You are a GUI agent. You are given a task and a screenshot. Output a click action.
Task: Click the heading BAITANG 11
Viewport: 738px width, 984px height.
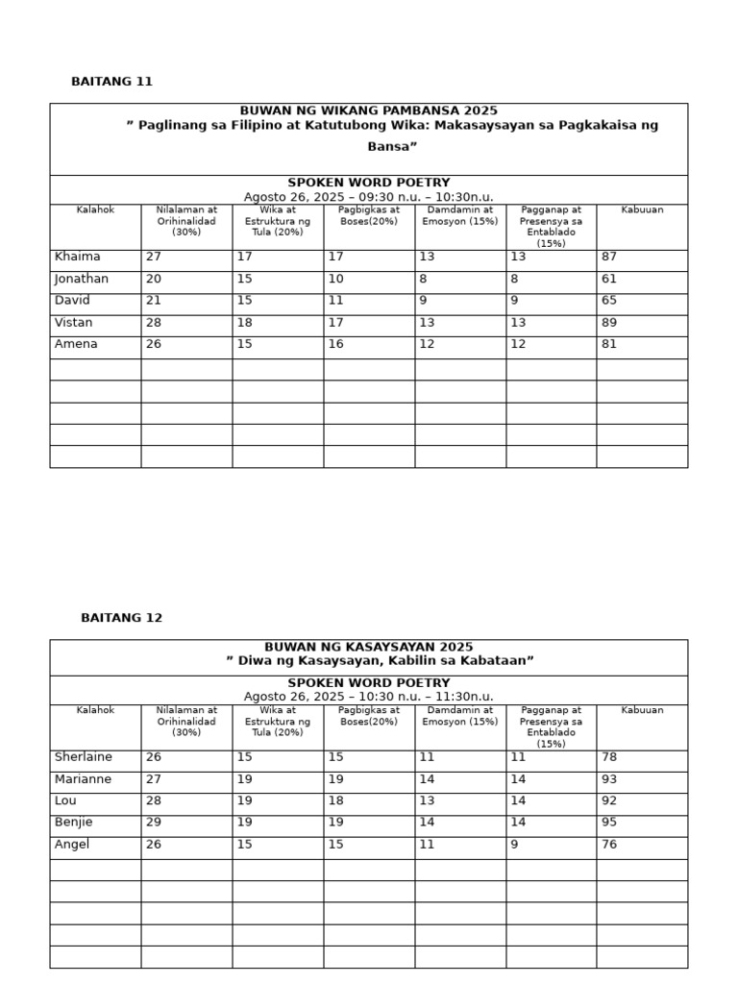(x=111, y=82)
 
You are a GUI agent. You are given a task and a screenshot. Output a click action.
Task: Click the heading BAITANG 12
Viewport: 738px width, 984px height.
(x=121, y=618)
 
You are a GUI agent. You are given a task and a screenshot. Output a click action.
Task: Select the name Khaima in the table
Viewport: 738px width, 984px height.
(x=78, y=258)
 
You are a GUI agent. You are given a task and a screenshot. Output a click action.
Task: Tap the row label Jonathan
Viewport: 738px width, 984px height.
(x=82, y=280)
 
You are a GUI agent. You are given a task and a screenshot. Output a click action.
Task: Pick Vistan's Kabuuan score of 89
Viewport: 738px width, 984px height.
(x=610, y=323)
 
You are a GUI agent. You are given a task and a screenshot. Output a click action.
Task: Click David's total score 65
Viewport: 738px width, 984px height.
(x=610, y=301)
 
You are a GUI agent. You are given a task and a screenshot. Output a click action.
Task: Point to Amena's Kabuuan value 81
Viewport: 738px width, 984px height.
(x=610, y=344)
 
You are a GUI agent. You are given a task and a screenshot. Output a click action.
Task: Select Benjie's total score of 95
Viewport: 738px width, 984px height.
(x=610, y=823)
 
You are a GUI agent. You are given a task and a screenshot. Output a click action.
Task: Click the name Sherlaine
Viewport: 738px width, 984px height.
(x=84, y=757)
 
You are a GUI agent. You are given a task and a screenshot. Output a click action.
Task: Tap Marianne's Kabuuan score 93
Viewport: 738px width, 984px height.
(x=610, y=779)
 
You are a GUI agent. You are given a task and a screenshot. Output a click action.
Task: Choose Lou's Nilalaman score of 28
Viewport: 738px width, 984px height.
(x=154, y=800)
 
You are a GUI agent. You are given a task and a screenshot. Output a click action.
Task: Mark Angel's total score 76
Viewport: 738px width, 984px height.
(x=610, y=845)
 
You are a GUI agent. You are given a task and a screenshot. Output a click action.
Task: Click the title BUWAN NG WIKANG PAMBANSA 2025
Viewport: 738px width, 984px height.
(x=368, y=111)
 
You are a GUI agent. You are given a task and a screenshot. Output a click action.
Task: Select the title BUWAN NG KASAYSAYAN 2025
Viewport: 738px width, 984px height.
(x=368, y=648)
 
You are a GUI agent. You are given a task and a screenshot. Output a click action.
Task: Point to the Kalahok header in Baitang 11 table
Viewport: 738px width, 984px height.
(x=95, y=209)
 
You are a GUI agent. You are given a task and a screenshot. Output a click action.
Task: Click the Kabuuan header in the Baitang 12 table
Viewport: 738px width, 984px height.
(x=642, y=710)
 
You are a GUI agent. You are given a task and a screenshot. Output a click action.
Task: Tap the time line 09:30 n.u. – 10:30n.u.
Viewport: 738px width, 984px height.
(x=368, y=197)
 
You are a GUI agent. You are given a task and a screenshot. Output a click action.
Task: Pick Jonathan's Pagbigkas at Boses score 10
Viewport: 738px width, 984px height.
(x=336, y=280)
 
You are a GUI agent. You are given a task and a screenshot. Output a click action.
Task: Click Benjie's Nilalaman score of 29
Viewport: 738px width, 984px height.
(x=154, y=823)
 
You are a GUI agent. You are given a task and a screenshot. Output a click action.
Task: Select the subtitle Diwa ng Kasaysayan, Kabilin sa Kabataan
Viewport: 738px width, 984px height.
(x=380, y=661)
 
